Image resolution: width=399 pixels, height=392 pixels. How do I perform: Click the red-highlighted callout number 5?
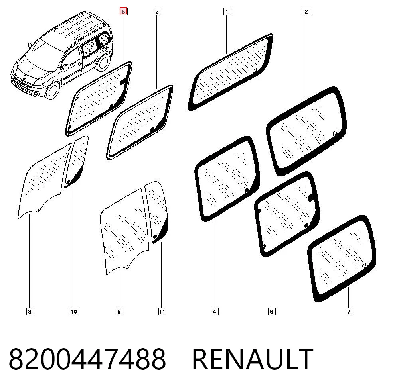pos(124,12)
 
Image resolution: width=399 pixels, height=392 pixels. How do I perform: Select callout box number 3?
pos(157,12)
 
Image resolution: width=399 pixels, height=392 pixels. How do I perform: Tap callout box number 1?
pos(227,12)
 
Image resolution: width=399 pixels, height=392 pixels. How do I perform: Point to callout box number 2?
pos(306,12)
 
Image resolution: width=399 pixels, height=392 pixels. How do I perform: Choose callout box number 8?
pos(30,312)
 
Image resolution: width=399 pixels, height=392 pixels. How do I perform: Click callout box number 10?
pos(73,312)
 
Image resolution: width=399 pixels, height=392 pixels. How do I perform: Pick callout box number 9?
pos(119,312)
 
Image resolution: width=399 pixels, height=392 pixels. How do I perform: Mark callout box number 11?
pos(162,312)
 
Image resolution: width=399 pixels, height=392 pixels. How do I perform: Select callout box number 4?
pos(215,312)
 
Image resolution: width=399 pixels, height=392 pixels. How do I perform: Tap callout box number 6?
pos(271,312)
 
